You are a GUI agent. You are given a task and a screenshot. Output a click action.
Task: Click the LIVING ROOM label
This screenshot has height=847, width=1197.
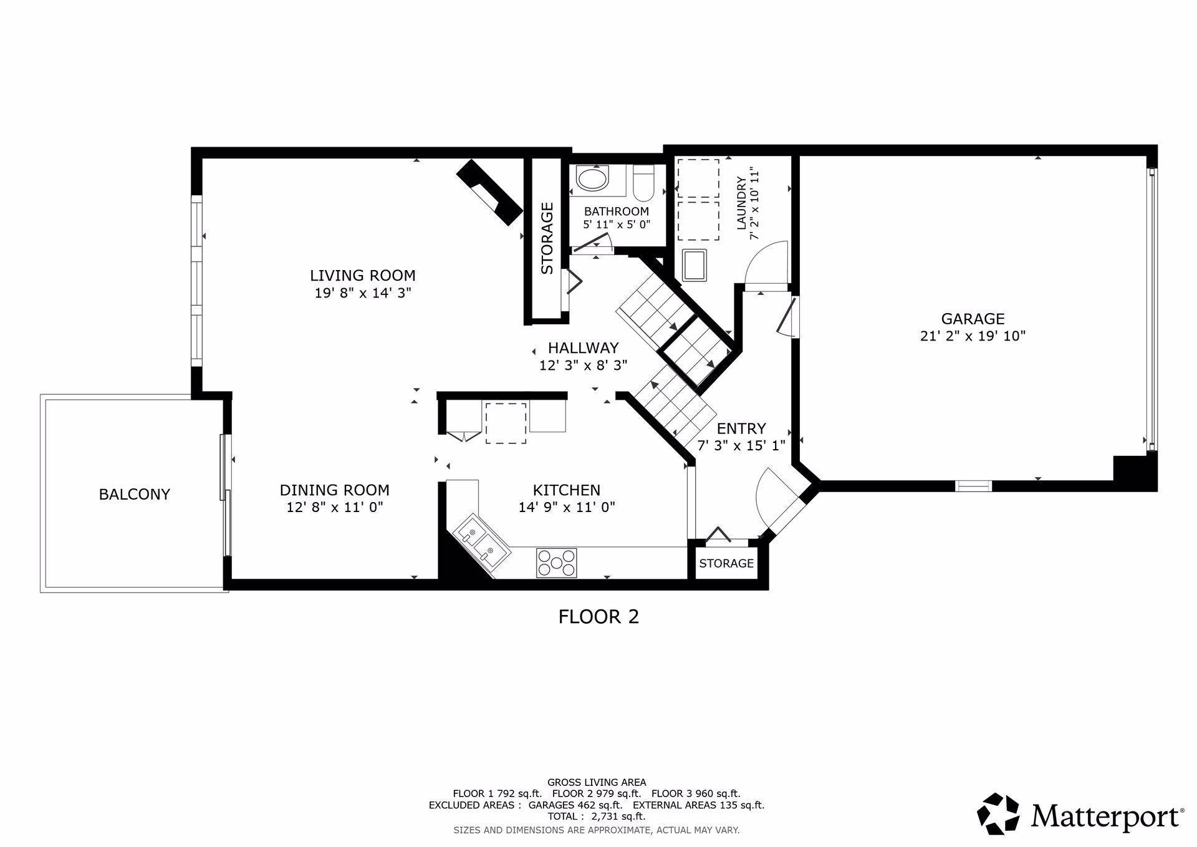[x=362, y=275]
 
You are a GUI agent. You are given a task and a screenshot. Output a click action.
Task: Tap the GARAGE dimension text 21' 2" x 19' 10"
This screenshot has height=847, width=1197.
[x=973, y=336]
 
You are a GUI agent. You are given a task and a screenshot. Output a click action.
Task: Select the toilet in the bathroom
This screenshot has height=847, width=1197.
[x=643, y=180]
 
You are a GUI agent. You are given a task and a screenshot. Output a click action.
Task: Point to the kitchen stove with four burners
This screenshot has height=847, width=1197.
[x=556, y=563]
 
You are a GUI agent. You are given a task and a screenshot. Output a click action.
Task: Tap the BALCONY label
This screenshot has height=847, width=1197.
[x=134, y=494]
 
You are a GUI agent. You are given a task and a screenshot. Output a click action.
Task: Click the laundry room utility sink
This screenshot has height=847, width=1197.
[x=695, y=266]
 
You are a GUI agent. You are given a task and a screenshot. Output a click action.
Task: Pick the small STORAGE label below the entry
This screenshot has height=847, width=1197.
[x=726, y=563]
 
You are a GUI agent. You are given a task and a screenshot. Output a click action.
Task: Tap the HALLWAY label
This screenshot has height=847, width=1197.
[x=583, y=347]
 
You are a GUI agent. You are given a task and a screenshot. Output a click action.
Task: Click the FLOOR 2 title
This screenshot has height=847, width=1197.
[x=598, y=617]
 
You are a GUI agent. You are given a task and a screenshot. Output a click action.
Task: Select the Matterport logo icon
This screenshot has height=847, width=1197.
[x=997, y=813]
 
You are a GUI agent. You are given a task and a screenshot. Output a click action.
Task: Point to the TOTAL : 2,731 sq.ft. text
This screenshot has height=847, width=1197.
[x=596, y=816]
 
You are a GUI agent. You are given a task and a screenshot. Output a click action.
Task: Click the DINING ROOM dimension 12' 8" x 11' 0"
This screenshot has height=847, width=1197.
[x=334, y=507]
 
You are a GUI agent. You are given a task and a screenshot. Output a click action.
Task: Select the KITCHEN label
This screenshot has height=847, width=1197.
[x=566, y=490]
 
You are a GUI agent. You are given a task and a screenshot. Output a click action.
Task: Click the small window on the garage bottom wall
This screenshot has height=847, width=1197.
[x=973, y=485]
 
